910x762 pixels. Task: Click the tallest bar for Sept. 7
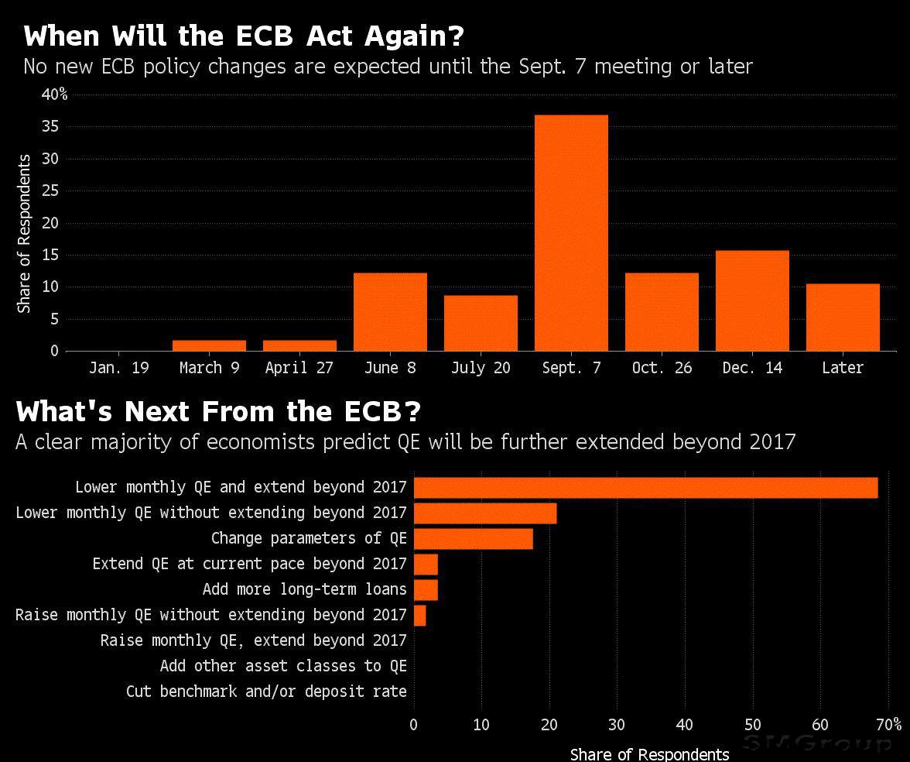pyautogui.click(x=571, y=232)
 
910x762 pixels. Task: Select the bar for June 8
pyautogui.click(x=390, y=312)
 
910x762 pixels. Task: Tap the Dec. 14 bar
pyautogui.click(x=752, y=300)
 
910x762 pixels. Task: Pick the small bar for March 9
pyautogui.click(x=209, y=345)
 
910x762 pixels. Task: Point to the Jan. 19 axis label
pyautogui.click(x=118, y=368)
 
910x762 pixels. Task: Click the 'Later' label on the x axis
pyautogui.click(x=842, y=368)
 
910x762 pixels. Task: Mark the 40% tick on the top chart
pyautogui.click(x=54, y=94)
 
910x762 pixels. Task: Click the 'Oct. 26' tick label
pyautogui.click(x=662, y=368)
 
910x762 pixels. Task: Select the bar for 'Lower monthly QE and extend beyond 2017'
pyautogui.click(x=645, y=488)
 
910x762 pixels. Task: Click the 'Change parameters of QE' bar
pyautogui.click(x=473, y=538)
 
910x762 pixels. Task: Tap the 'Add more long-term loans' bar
pyautogui.click(x=426, y=589)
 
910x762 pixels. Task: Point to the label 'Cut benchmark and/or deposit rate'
pyautogui.click(x=266, y=692)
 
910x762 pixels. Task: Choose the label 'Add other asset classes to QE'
pyautogui.click(x=283, y=666)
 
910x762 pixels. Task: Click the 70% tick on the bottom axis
pyautogui.click(x=889, y=725)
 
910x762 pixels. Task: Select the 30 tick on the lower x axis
pyautogui.click(x=617, y=725)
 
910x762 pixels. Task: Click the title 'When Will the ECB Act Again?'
pyautogui.click(x=244, y=36)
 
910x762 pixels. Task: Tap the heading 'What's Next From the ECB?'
pyautogui.click(x=219, y=411)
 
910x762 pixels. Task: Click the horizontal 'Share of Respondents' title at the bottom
pyautogui.click(x=649, y=754)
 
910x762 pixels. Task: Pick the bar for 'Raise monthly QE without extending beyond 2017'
pyautogui.click(x=419, y=615)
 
